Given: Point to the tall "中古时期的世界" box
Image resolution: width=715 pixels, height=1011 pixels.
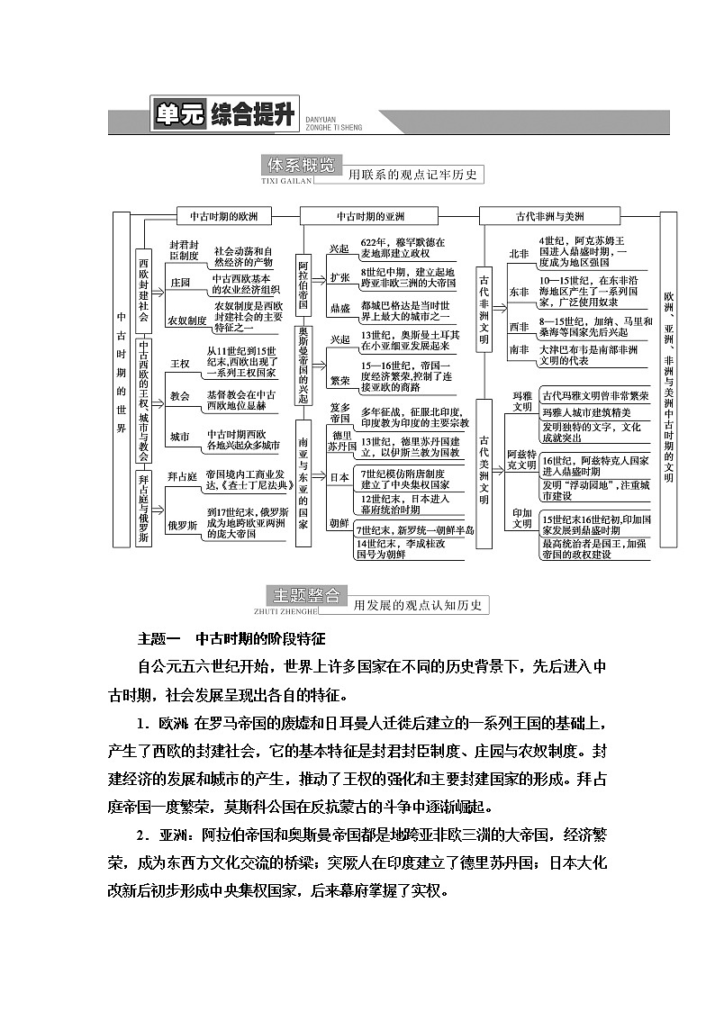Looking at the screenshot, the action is pyautogui.click(x=122, y=378).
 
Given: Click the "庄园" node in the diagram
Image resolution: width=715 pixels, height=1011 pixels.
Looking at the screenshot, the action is pyautogui.click(x=180, y=283).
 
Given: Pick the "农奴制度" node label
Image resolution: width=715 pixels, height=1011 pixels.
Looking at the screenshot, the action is pyautogui.click(x=186, y=319).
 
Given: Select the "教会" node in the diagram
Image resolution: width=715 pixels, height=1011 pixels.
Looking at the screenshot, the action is pyautogui.click(x=180, y=396).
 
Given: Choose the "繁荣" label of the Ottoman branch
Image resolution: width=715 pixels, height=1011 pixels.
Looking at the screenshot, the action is pyautogui.click(x=339, y=381).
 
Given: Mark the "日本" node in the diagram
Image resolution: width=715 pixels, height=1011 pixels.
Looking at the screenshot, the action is pyautogui.click(x=339, y=478).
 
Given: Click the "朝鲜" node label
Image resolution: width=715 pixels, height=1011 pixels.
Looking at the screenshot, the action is pyautogui.click(x=339, y=522).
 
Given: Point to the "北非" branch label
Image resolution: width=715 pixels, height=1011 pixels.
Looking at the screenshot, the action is pyautogui.click(x=520, y=254).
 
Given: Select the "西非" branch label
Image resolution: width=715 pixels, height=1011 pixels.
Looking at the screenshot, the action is pyautogui.click(x=520, y=326).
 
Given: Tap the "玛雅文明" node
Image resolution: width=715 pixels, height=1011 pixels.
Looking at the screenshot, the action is pyautogui.click(x=522, y=401).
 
